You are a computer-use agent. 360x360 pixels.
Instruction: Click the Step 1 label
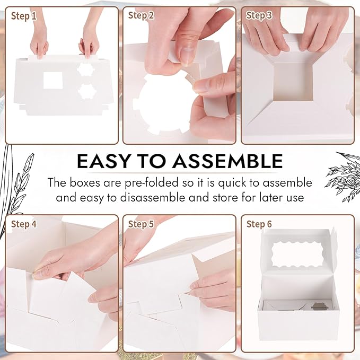click(24, 16)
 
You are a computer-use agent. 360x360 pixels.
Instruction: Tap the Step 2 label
click(141, 15)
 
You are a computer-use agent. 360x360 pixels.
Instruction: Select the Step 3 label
click(259, 15)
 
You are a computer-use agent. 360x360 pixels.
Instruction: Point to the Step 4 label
click(24, 224)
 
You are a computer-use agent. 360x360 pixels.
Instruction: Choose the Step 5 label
click(141, 224)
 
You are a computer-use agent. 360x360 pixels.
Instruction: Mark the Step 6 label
click(259, 224)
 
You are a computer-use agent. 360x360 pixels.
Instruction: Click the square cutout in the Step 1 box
click(53, 81)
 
